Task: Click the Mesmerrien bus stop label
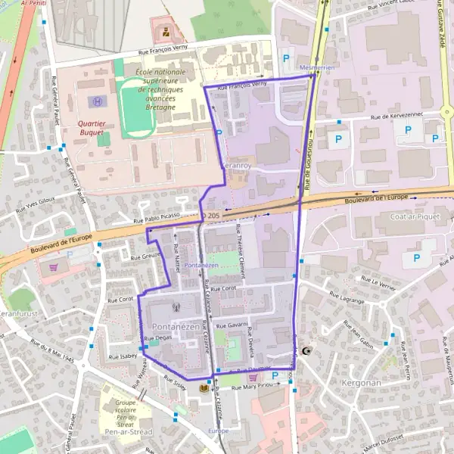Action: (x=317, y=68)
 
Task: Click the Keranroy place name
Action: (x=235, y=164)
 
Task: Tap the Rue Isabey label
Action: (x=123, y=356)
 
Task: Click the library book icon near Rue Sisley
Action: (x=204, y=389)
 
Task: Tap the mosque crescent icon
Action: (x=306, y=351)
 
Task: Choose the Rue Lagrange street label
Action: (x=348, y=300)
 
